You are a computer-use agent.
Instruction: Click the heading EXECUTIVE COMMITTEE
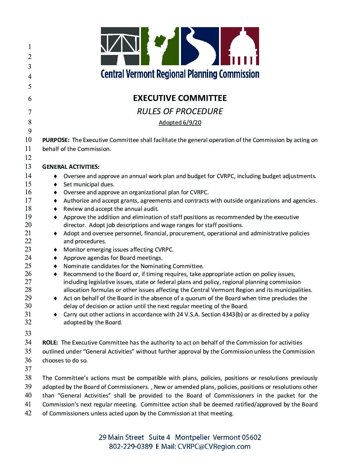pos(180,98)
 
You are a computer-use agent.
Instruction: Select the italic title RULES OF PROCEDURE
pos(180,111)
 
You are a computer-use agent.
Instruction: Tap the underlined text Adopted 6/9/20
pos(180,123)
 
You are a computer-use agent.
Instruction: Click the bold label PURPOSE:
pos(56,140)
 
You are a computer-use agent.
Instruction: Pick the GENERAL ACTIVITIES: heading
pos(71,166)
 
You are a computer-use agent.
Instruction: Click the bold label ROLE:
pos(50,343)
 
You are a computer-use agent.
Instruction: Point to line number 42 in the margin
pos(28,413)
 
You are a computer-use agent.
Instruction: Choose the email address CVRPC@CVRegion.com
pos(214,446)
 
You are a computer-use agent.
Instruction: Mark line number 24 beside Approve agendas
pos(28,257)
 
